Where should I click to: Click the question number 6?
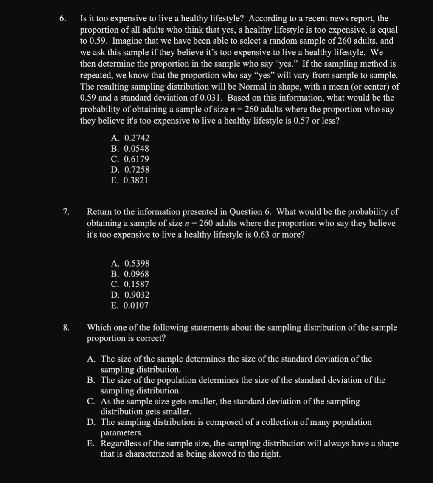point(62,19)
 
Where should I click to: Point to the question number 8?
point(66,328)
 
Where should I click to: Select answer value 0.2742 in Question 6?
point(136,138)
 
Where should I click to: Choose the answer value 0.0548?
point(136,149)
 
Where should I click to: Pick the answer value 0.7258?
point(136,170)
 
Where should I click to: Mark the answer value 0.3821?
point(136,180)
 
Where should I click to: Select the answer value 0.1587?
point(136,284)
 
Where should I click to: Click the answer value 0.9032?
point(136,295)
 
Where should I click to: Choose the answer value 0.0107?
point(136,306)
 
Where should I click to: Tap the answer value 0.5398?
point(136,264)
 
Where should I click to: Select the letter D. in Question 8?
point(91,422)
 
